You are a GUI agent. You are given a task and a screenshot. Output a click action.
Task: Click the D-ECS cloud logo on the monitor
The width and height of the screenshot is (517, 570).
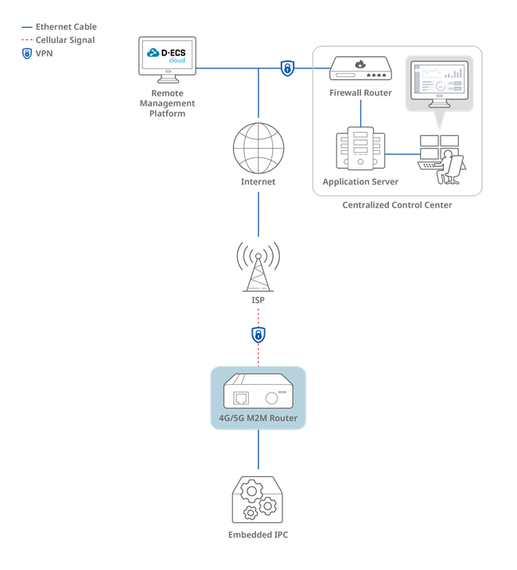click(166, 55)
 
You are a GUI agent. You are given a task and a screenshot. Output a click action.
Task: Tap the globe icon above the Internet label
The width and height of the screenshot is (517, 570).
click(258, 148)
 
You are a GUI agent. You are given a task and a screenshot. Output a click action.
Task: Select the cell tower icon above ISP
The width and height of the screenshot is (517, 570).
click(258, 267)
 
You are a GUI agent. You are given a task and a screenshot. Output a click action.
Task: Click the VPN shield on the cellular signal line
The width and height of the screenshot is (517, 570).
click(258, 335)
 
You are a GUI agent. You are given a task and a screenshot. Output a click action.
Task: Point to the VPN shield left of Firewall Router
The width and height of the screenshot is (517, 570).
click(287, 68)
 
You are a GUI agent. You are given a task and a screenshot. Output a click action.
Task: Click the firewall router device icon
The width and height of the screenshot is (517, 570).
click(360, 68)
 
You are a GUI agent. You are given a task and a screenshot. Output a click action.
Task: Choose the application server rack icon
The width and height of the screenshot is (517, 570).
click(360, 149)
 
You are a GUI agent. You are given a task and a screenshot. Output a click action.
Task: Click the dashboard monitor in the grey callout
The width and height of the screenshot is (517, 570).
click(440, 84)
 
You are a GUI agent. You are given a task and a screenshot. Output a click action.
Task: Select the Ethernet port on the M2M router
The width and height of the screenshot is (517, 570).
click(241, 398)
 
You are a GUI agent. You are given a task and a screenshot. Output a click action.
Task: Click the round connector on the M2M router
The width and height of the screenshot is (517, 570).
click(272, 398)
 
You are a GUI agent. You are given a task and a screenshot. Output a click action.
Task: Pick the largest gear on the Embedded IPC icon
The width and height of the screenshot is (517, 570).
click(251, 491)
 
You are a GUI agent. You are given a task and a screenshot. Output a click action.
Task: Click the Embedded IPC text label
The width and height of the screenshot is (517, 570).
click(258, 535)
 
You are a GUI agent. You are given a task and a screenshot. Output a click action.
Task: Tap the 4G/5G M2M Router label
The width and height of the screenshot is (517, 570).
click(258, 418)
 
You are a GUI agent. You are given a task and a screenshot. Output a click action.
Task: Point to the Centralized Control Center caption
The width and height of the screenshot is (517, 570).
click(397, 205)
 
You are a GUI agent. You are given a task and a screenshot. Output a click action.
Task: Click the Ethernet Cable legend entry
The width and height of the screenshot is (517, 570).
click(60, 27)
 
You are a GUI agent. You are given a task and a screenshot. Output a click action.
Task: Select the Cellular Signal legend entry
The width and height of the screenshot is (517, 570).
click(58, 40)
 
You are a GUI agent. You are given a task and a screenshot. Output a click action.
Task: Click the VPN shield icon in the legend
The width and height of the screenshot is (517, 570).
click(27, 53)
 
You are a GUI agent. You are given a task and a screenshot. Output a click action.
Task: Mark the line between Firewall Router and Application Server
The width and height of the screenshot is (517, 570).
click(360, 113)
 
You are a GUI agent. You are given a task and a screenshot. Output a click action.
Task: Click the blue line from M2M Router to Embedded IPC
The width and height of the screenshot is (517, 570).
click(258, 449)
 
